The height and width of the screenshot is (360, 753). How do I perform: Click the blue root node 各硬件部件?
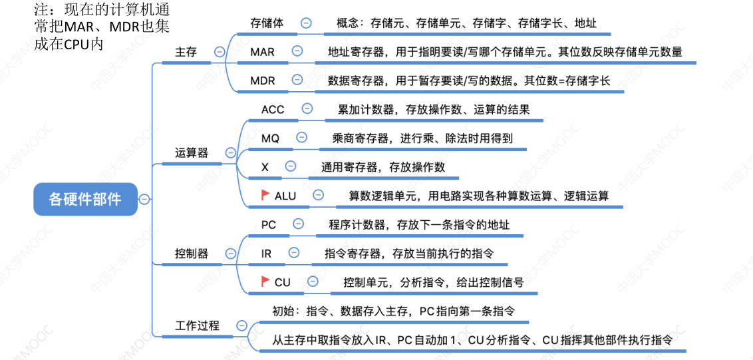click(85, 198)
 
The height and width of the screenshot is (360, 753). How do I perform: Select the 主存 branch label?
click(186, 52)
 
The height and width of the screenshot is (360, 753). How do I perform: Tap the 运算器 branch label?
click(192, 152)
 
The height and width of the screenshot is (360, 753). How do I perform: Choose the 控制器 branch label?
click(192, 254)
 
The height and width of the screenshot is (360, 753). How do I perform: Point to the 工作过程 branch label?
click(197, 326)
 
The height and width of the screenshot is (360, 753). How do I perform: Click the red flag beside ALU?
click(264, 195)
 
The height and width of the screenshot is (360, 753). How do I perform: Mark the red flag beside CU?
click(264, 281)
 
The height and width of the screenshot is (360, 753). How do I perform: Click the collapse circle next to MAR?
click(297, 51)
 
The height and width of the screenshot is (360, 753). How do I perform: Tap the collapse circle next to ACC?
click(307, 108)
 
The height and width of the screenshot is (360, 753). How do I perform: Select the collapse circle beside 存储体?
click(306, 22)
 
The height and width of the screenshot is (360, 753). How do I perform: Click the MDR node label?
click(263, 81)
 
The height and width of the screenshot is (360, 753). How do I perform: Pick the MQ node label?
click(270, 138)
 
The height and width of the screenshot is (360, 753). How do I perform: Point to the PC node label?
click(269, 225)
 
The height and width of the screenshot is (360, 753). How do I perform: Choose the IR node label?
click(266, 254)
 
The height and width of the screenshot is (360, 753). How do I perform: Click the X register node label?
click(265, 167)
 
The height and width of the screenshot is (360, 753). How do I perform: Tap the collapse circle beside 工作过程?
click(241, 326)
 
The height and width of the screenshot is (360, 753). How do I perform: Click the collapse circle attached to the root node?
click(144, 198)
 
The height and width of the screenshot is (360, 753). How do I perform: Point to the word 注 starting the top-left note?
click(39, 11)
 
